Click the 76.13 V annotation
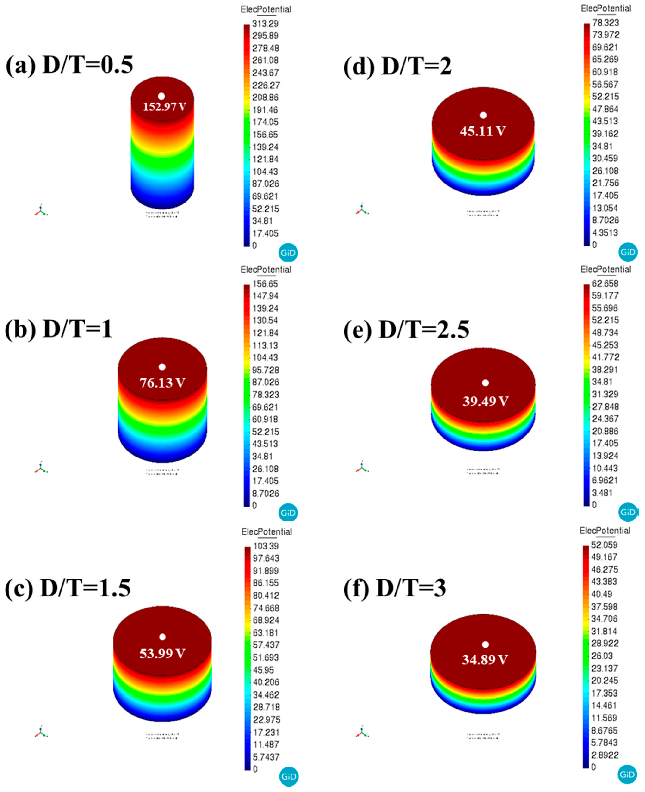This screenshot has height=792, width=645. pos(162,383)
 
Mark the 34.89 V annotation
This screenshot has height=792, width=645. pos(484,660)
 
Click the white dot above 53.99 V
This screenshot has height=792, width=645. pos(162,637)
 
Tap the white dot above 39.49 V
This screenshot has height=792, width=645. pos(485,383)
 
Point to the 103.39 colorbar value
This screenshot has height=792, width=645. pos(266,546)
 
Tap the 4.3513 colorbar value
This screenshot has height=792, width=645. pos(605,233)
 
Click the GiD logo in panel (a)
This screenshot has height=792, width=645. pos(288,253)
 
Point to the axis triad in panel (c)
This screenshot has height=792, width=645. pos(41,732)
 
